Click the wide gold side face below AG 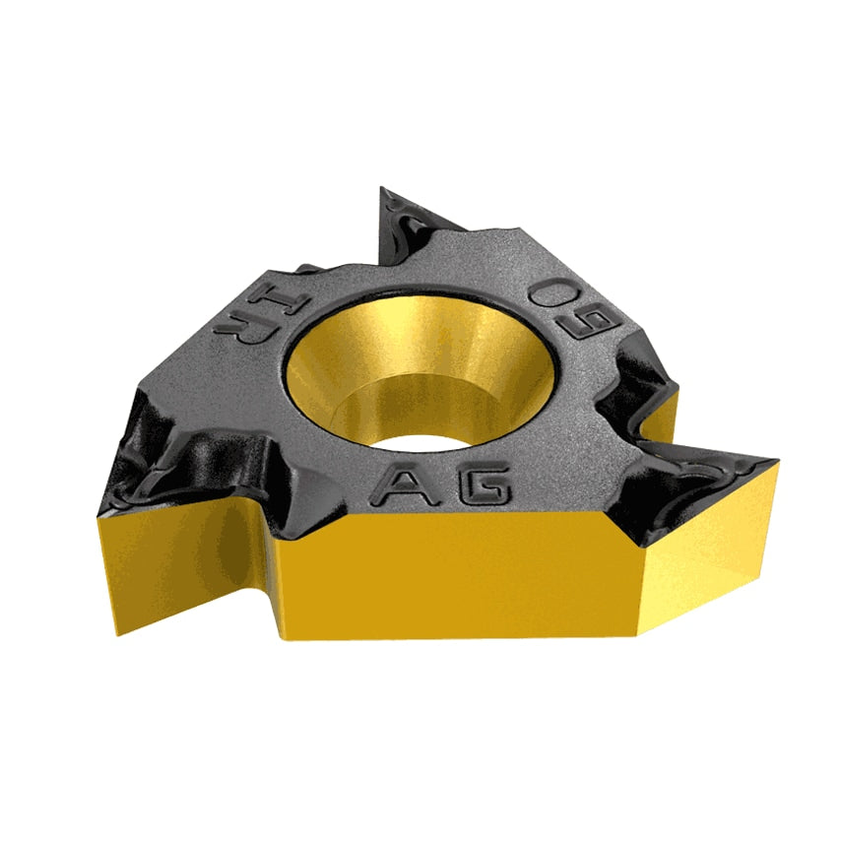click(453, 581)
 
